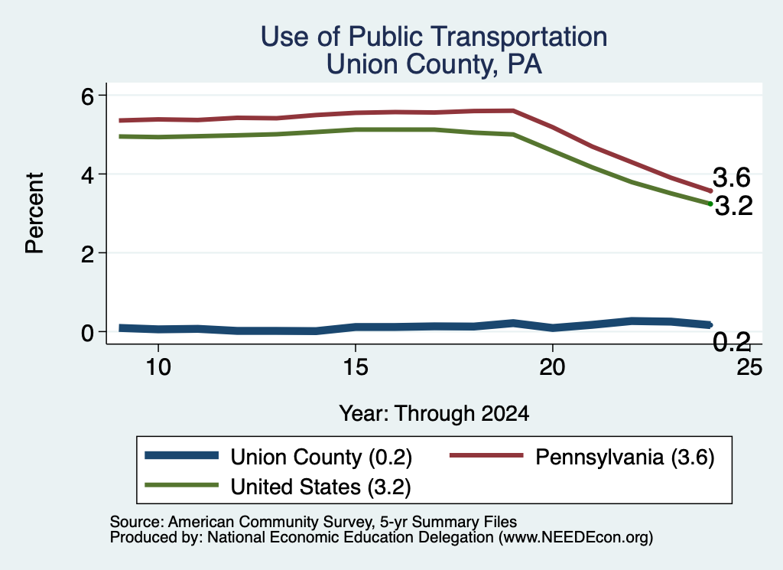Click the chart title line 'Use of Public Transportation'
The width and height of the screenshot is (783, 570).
(x=434, y=37)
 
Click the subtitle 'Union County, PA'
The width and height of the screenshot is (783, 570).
(x=434, y=64)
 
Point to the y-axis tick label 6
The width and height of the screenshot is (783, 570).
(x=87, y=96)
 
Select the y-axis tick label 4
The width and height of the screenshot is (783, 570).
(x=87, y=174)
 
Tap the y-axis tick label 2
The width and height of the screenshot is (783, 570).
(x=87, y=253)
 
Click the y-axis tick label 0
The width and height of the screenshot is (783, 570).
(x=87, y=332)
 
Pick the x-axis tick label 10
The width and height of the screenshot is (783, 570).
(x=158, y=367)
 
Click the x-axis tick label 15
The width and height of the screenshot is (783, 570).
(x=356, y=367)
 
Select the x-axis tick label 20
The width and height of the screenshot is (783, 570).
(x=552, y=367)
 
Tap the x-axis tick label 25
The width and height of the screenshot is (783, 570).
(x=749, y=367)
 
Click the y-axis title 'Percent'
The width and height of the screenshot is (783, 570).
(x=35, y=213)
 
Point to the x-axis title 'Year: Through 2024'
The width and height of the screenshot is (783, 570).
(x=434, y=414)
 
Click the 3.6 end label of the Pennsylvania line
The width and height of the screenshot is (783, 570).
(x=732, y=178)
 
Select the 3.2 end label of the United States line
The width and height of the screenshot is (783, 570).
(x=733, y=206)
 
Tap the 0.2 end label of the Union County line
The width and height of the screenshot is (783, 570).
(x=732, y=342)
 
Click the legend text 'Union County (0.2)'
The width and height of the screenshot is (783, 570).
(x=321, y=457)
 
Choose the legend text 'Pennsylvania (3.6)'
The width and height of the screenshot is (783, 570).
(x=625, y=457)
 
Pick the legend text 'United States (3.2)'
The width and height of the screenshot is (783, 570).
(x=320, y=487)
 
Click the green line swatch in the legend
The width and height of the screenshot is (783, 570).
(x=181, y=485)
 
